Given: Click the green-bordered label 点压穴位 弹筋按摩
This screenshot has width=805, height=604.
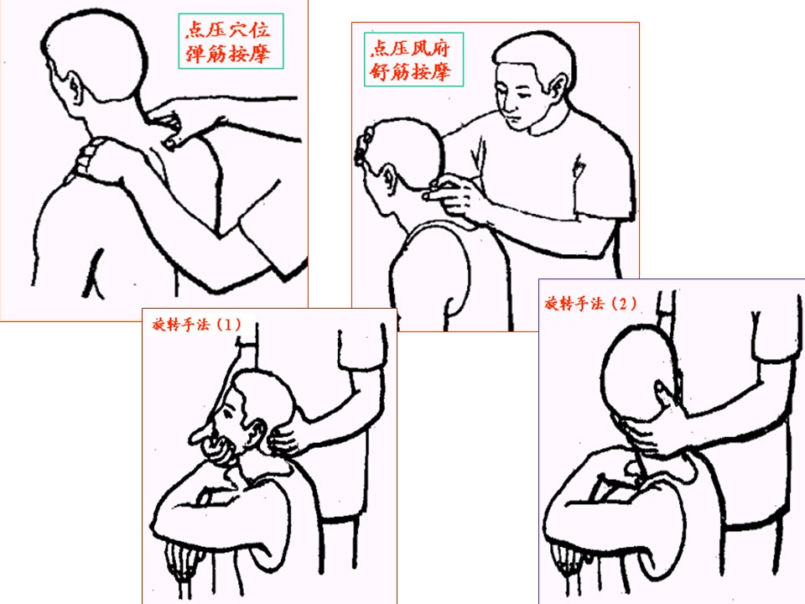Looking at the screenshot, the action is pos(231,41).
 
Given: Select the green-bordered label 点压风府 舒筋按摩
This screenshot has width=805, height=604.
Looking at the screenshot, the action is pos(413,60).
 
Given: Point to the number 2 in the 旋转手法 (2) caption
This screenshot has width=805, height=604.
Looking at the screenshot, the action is pos(622,304).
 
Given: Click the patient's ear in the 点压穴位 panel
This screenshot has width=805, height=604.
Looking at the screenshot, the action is pos(74,90).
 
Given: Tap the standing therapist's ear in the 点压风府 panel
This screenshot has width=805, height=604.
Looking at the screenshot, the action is pos(558,86).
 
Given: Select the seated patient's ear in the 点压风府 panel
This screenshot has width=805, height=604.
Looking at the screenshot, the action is pos(389,177).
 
